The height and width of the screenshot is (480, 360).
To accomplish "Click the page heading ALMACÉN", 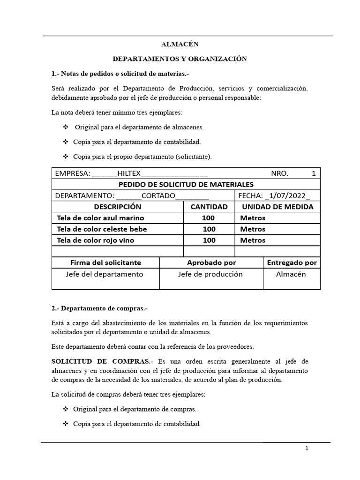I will pyautogui.click(x=180, y=44).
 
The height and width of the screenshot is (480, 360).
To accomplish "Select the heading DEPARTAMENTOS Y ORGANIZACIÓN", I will pyautogui.click(x=180, y=59).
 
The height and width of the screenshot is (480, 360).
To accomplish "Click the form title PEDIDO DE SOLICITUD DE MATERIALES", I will pyautogui.click(x=186, y=184).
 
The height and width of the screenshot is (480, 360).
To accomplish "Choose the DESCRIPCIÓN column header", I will pyautogui.click(x=117, y=207).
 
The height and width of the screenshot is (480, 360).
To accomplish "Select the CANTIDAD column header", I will pyautogui.click(x=209, y=207).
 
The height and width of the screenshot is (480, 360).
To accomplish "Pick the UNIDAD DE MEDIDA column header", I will pyautogui.click(x=277, y=207).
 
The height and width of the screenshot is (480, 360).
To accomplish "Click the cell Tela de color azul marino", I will pyautogui.click(x=100, y=218).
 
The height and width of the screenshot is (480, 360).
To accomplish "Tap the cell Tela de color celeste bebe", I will pyautogui.click(x=102, y=229).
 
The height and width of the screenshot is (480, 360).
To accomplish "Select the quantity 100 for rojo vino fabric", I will pyautogui.click(x=209, y=240).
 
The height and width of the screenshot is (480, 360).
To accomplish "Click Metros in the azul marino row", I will pyautogui.click(x=253, y=218).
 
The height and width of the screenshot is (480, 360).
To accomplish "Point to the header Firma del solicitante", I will pyautogui.click(x=105, y=263).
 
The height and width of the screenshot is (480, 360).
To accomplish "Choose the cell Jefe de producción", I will pyautogui.click(x=210, y=274).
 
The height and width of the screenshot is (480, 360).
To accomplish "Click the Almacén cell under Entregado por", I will pyautogui.click(x=291, y=274).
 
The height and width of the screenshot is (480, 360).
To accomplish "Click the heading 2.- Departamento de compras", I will pyautogui.click(x=99, y=308).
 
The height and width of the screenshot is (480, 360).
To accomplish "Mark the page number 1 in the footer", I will pyautogui.click(x=307, y=448).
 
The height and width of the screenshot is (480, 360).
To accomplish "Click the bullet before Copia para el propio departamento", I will pyautogui.click(x=65, y=156).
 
